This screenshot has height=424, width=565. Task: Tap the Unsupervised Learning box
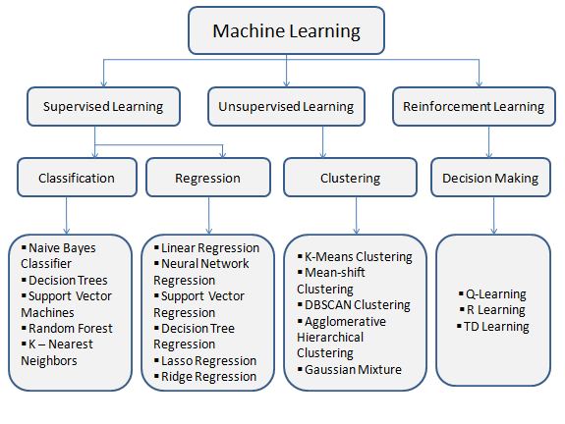(286, 106)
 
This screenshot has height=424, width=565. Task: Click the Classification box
(76, 179)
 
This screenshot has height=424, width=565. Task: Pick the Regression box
(206, 179)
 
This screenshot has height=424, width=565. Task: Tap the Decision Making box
(489, 179)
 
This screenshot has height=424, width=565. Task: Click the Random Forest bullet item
(70, 328)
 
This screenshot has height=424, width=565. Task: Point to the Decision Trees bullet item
(68, 280)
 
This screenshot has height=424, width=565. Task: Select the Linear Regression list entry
(209, 247)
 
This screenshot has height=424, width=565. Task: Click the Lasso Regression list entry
(208, 360)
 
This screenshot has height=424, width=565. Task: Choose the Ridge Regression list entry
(208, 376)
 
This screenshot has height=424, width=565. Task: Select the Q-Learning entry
(496, 293)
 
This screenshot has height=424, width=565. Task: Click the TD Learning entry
(498, 326)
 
